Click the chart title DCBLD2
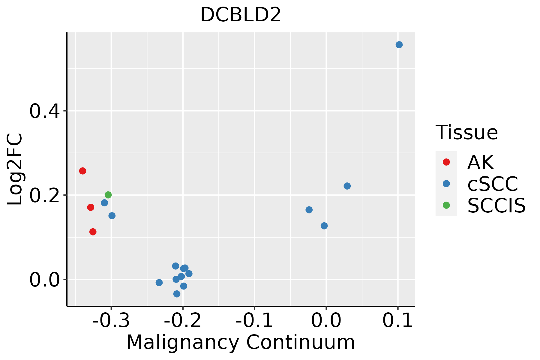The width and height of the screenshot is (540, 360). [x=241, y=15]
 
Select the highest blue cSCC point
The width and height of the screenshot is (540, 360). [x=399, y=45]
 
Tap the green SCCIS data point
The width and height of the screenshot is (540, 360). [x=108, y=195]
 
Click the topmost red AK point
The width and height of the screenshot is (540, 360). [x=83, y=171]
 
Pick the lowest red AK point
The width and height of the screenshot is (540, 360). [x=93, y=232]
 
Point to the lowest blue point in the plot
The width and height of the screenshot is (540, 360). [x=177, y=294]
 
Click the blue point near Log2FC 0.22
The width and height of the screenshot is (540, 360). [x=347, y=186]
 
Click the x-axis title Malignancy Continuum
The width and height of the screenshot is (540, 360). [x=241, y=342]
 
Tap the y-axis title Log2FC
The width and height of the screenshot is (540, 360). [x=15, y=169]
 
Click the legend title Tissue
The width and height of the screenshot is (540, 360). [x=466, y=132]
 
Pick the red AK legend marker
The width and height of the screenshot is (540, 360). [x=446, y=162]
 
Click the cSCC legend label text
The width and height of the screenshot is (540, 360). [x=493, y=184]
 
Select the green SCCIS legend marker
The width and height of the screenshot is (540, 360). [x=446, y=205]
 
